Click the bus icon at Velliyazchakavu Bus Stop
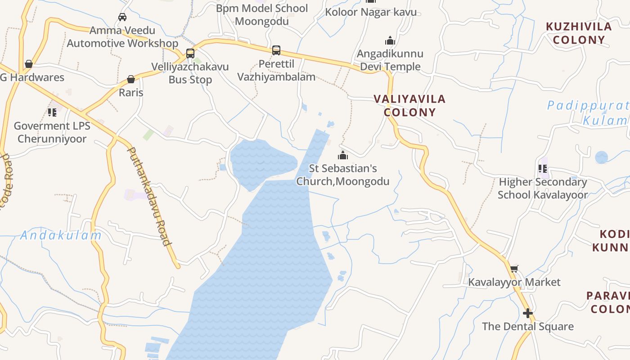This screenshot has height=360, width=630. [x=190, y=54]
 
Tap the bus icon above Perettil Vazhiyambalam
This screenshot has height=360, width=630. [x=276, y=50]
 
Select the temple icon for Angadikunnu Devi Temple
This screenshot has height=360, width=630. [x=390, y=41]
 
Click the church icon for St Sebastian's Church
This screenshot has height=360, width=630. [x=343, y=156]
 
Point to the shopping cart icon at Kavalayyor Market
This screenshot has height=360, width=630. [x=514, y=269]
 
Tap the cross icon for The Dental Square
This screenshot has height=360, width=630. [x=528, y=313]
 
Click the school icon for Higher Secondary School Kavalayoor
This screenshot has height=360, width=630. [x=543, y=169]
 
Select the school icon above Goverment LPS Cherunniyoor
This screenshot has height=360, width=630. [x=52, y=112]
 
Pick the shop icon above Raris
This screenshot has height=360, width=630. [x=131, y=80]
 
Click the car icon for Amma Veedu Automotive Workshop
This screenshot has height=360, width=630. [x=122, y=17]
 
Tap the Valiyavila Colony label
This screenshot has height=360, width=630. [x=409, y=105]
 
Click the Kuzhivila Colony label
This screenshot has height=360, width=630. [x=579, y=33]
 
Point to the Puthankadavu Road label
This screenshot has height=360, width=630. [x=149, y=196]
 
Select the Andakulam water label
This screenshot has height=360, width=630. [x=61, y=235]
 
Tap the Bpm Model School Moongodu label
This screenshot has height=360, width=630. [x=262, y=14]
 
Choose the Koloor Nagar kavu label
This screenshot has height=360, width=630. [x=371, y=12]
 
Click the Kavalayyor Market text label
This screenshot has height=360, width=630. [x=514, y=282]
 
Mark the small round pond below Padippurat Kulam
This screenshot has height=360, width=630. [x=601, y=157]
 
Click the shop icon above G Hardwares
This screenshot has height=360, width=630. [x=29, y=64]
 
